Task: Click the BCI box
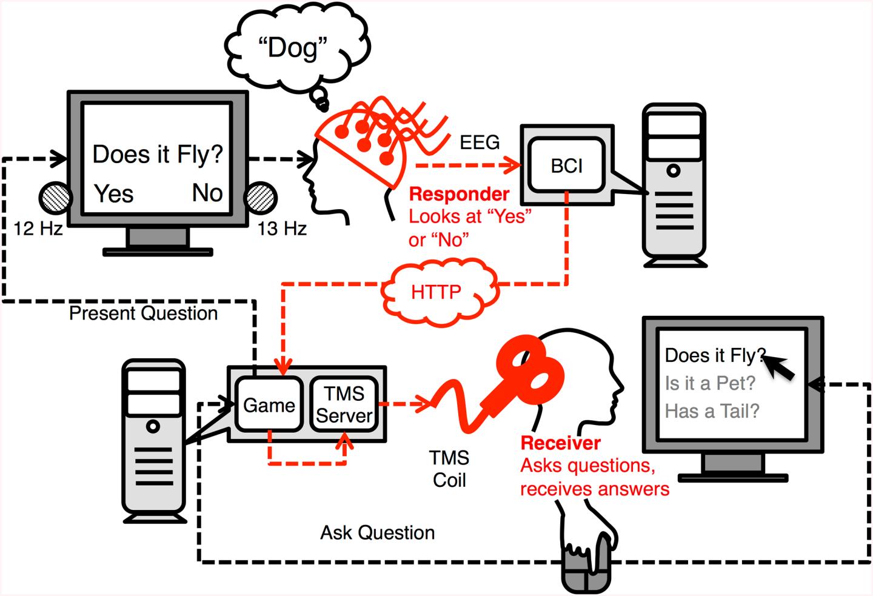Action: (x=566, y=166)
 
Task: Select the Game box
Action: (x=269, y=404)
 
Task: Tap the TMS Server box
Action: (x=344, y=404)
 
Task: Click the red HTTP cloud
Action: (x=439, y=292)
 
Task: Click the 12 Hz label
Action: (x=38, y=229)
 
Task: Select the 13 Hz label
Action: (x=282, y=229)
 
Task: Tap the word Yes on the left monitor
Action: (x=114, y=193)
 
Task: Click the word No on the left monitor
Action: (x=207, y=193)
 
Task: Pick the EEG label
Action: (x=480, y=142)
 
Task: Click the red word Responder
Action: (x=459, y=194)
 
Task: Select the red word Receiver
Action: (x=560, y=443)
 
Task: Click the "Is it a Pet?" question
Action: (x=710, y=383)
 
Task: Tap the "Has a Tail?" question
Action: (x=712, y=411)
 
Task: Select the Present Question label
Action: (x=143, y=313)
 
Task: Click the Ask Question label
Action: (x=377, y=532)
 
